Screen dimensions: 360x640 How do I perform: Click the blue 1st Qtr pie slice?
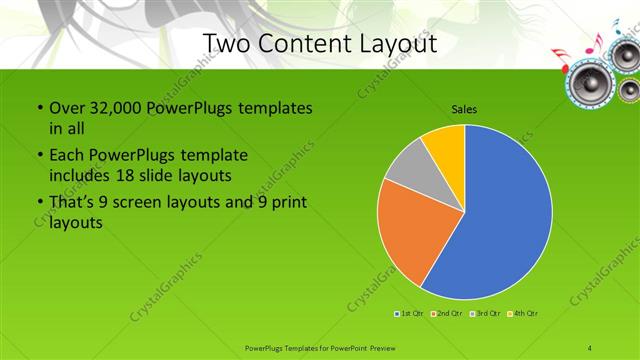click(500, 220)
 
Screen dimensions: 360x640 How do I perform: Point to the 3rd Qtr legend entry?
click(486, 315)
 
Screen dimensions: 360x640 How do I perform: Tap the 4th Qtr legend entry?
click(525, 315)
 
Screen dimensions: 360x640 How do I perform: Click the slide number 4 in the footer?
click(590, 347)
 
